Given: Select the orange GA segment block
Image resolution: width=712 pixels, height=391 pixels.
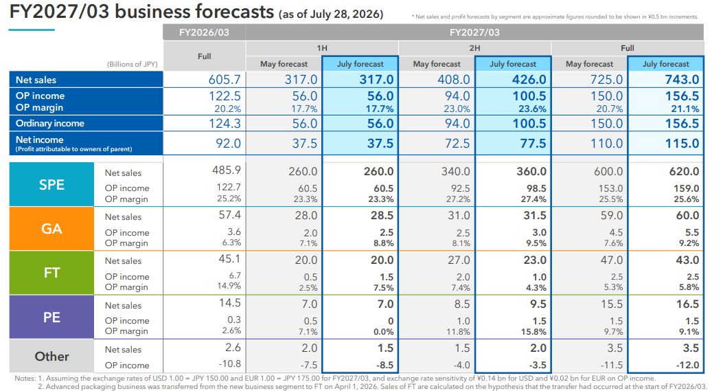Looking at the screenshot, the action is coord(51,228).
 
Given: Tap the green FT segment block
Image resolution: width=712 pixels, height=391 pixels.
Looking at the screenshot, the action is coord(51,272).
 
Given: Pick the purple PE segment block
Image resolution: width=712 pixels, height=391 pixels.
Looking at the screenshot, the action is coord(51,317).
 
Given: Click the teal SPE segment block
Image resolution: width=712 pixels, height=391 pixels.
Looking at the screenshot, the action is coord(51,185).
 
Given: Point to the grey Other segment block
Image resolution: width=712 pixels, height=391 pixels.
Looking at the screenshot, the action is coord(51,357).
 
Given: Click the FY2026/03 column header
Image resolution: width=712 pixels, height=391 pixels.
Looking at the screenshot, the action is coord(205,32).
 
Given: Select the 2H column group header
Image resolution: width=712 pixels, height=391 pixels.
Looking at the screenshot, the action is coord(474,48).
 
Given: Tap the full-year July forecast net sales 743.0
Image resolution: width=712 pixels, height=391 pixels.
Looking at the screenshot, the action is coord(682,80).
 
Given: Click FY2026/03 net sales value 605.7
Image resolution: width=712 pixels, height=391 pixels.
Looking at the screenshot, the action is coord(225,80).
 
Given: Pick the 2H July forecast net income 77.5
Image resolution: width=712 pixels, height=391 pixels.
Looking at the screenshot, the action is coord(533,143).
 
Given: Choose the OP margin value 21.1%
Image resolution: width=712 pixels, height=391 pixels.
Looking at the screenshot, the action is coord(685,109).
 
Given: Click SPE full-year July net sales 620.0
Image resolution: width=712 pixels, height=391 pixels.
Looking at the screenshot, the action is coord(684,171).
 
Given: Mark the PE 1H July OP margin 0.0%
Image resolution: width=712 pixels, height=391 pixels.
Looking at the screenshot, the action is coord(383,332).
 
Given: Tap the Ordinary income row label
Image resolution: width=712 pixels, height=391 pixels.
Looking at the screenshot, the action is coord(50,123).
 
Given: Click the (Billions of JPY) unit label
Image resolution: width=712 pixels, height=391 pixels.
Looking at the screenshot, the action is coord(132,64).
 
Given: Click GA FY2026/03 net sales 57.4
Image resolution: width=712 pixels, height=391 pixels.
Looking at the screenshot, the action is coord(230,214).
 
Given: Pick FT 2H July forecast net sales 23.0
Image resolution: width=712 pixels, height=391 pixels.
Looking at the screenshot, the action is coord(534,260).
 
